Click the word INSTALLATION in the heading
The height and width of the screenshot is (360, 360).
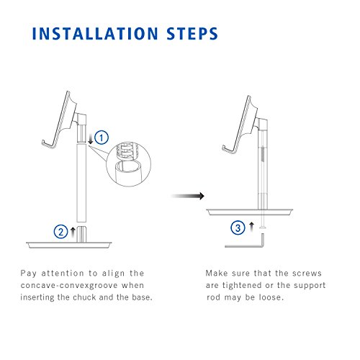click(95, 33)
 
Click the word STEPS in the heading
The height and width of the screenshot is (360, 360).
click(192, 33)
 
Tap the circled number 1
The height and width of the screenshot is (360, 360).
click(102, 138)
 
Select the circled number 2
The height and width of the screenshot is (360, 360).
click(61, 232)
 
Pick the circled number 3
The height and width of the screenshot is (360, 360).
click(238, 228)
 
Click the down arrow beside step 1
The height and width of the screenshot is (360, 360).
click(91, 139)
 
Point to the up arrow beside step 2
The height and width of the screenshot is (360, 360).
click(73, 232)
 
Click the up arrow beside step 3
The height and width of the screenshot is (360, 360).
click(251, 227)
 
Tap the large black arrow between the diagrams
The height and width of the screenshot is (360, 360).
click(188, 196)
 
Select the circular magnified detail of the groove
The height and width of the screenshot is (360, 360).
click(129, 164)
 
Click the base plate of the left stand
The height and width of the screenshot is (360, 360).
click(69, 245)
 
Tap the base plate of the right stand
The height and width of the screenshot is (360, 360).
click(250, 212)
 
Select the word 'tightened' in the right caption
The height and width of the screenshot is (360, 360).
click(242, 286)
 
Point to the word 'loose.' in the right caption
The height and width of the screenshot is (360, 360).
click(271, 297)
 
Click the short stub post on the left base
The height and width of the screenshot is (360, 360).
click(81, 234)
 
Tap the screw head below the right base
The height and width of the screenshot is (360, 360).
click(263, 228)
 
